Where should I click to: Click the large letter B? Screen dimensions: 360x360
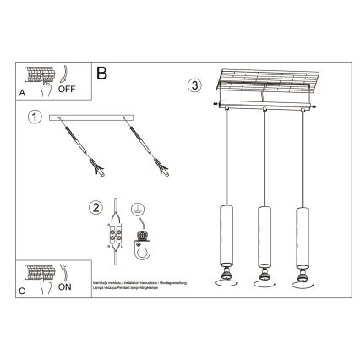101,74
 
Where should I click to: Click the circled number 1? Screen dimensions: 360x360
33,117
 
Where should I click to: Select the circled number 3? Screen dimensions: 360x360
195,85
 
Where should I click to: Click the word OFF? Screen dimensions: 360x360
68,85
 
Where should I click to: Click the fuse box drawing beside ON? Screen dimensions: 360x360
40,273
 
